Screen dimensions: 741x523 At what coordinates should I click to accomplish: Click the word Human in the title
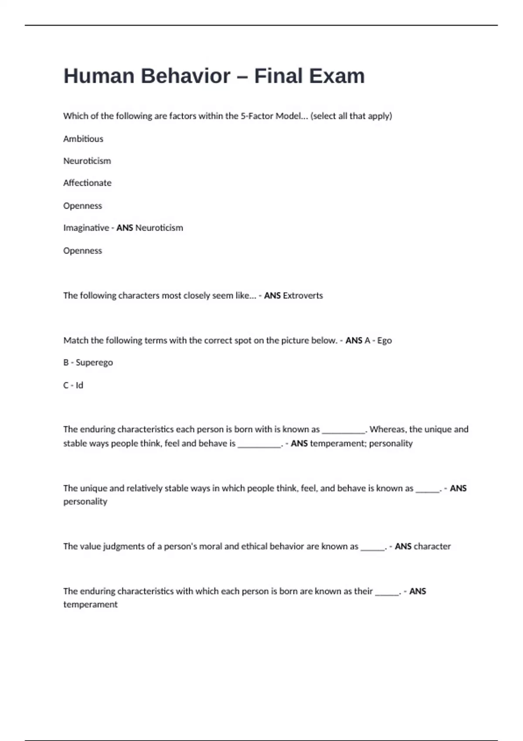click(99, 76)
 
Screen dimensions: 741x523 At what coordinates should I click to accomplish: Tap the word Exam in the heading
click(341, 76)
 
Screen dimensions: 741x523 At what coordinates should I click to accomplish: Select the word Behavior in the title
click(185, 76)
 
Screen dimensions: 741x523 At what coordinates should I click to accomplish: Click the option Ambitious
click(83, 139)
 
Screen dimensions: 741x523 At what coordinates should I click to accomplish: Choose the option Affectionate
click(87, 183)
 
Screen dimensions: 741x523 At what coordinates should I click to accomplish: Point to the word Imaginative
click(86, 228)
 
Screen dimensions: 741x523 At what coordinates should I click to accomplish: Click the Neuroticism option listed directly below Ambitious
click(87, 161)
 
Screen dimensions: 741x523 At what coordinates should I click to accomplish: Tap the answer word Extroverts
click(303, 296)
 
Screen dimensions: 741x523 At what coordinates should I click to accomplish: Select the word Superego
click(94, 363)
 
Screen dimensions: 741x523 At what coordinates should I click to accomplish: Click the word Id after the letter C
click(79, 385)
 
